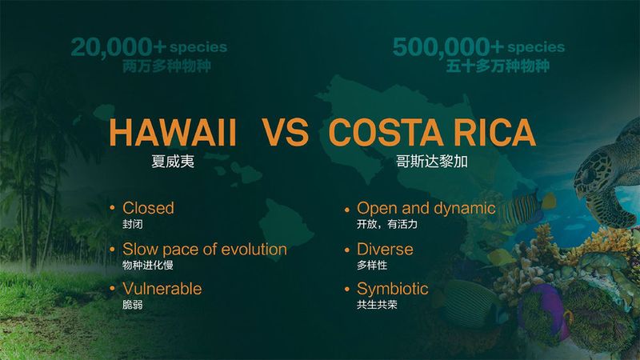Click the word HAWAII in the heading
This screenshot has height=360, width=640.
[172, 133]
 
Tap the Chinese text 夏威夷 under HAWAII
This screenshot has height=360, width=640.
[173, 160]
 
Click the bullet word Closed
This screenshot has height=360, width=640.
[148, 208]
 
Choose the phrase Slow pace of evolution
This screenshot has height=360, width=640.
[204, 249]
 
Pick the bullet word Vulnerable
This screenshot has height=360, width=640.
[162, 288]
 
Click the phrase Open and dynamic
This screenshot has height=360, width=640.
[426, 208]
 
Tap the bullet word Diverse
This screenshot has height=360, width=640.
[385, 249]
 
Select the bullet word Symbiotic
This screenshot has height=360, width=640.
[392, 288]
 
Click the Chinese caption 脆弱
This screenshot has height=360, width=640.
[132, 305]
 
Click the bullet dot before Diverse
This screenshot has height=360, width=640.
[346, 250]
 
